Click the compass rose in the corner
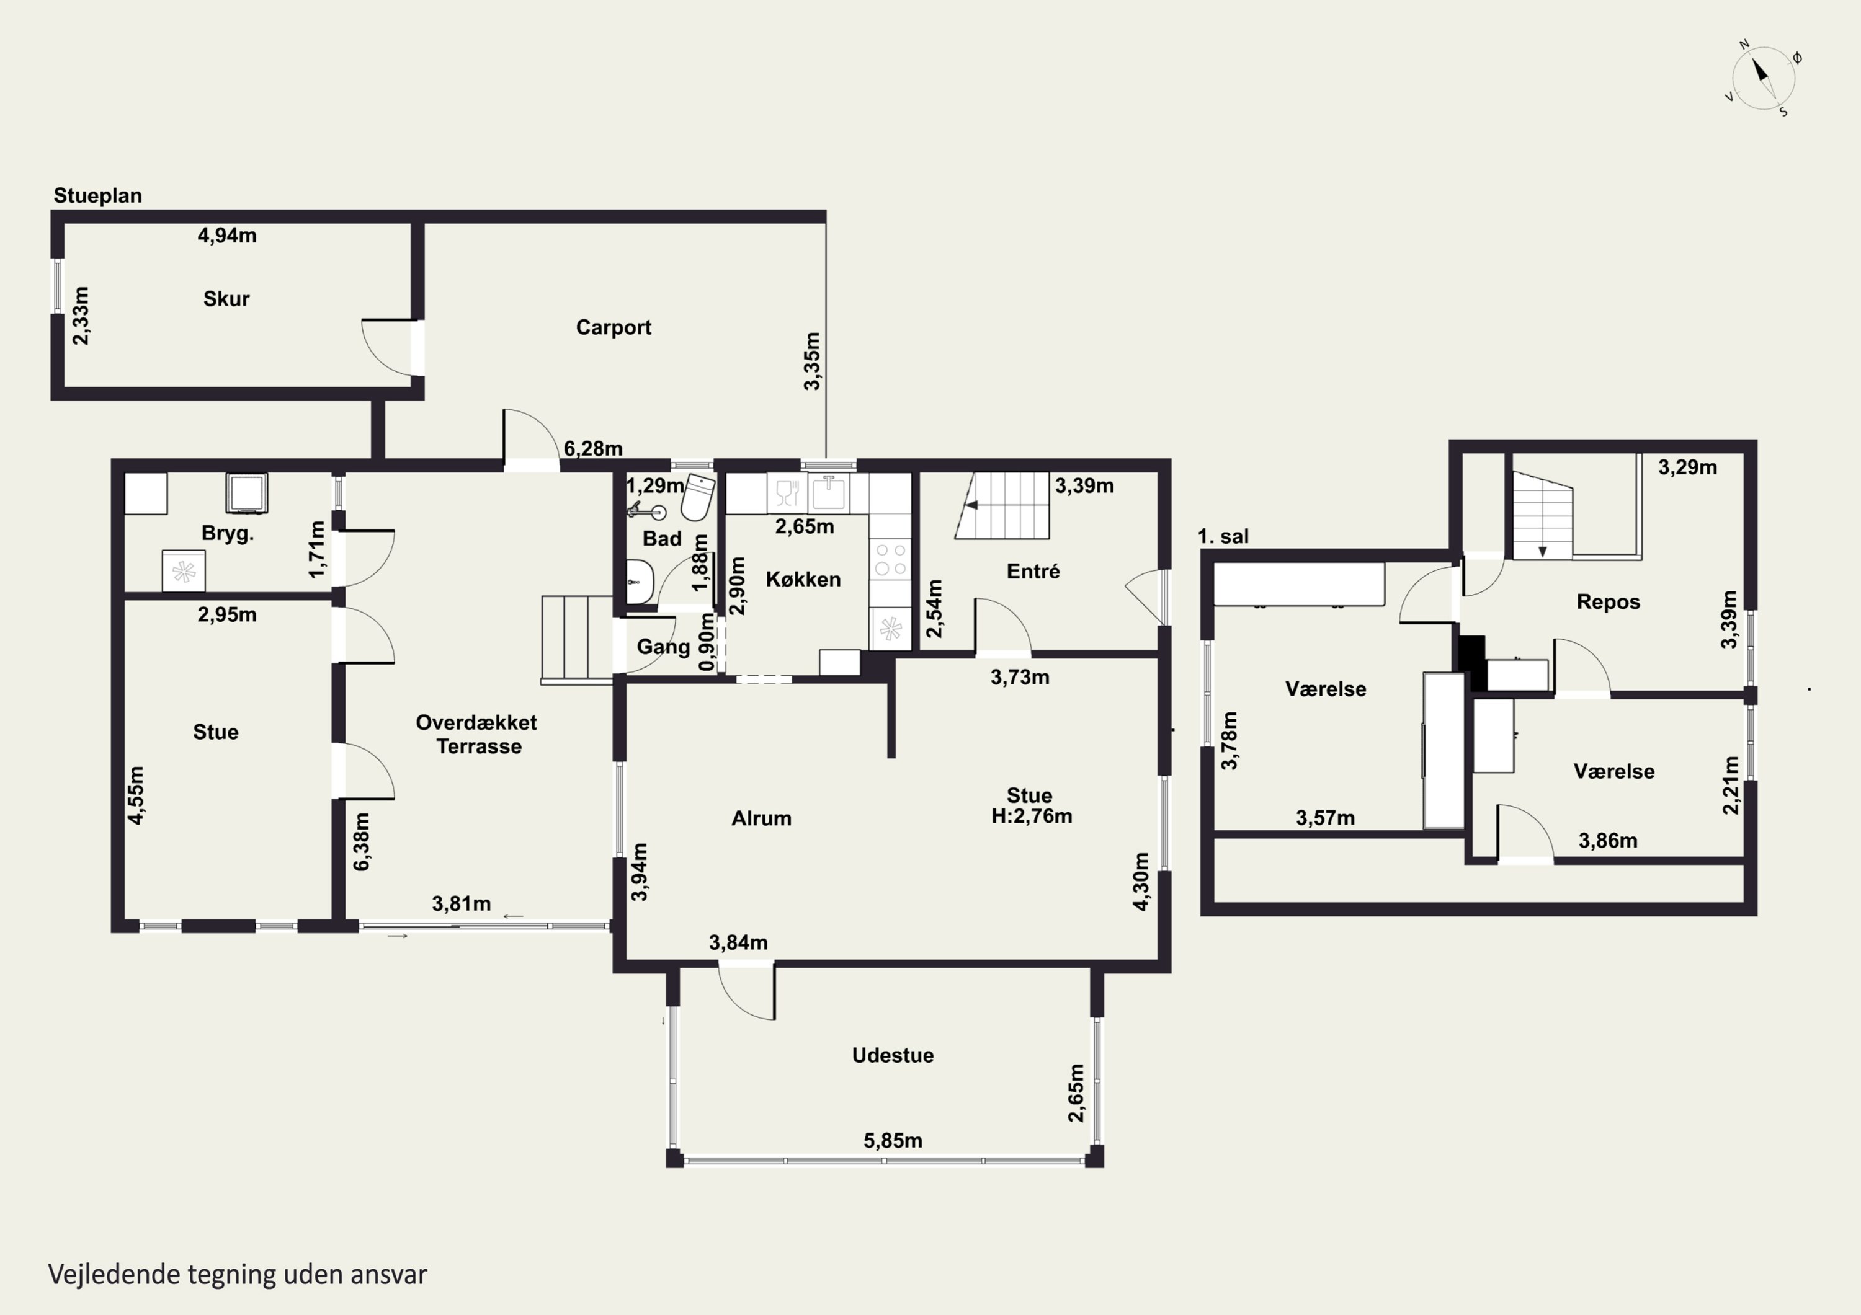[x=1763, y=79]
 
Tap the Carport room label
[x=614, y=327]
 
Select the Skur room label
[x=226, y=298]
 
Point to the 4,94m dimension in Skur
[x=227, y=235]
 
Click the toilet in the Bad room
[x=698, y=497]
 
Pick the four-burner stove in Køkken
[x=891, y=560]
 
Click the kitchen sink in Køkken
[x=828, y=493]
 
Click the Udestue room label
[x=893, y=1055]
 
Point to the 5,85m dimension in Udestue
[x=893, y=1140]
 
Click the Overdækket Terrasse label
[x=478, y=734]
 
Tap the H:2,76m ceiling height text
[x=1031, y=816]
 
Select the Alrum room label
[x=761, y=818]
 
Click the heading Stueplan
[x=97, y=195]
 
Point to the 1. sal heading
[x=1223, y=536]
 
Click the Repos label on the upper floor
[x=1608, y=602]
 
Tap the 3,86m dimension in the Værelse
[x=1608, y=841]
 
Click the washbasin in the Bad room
[x=640, y=581]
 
